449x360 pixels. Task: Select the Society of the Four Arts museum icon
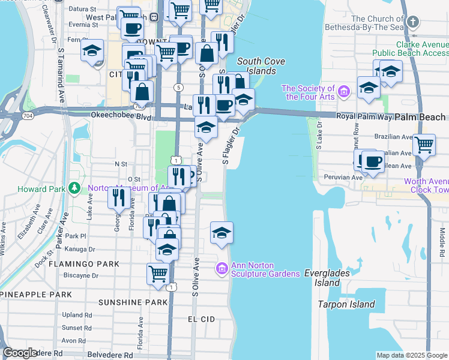[343, 91]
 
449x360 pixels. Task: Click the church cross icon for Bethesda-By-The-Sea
[412, 22]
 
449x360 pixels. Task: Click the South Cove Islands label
[256, 66]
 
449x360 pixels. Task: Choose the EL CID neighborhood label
[201, 319]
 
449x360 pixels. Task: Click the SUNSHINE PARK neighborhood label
[133, 302]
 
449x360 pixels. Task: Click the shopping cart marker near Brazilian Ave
[424, 145]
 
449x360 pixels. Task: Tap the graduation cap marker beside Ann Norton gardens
[221, 233]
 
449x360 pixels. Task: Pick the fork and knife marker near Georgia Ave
[119, 197]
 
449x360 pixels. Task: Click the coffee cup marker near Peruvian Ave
[373, 162]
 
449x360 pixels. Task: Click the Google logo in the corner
[20, 353]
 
